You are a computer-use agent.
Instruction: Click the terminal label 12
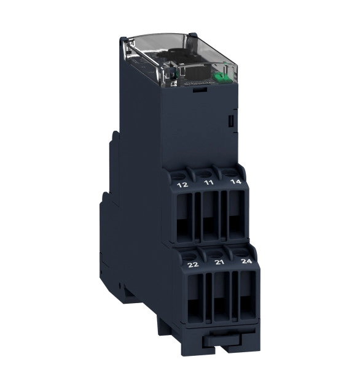pyautogui.click(x=182, y=185)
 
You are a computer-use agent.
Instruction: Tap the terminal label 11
pyautogui.click(x=208, y=183)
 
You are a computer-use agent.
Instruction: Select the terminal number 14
pyautogui.click(x=235, y=182)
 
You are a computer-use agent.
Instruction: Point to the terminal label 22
pyautogui.click(x=193, y=264)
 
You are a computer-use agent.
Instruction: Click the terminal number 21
pyautogui.click(x=219, y=262)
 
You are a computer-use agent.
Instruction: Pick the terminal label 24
pyautogui.click(x=246, y=261)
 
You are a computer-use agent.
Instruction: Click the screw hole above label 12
pyautogui.click(x=178, y=176)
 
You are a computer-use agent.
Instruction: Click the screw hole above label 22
pyautogui.click(x=188, y=255)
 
